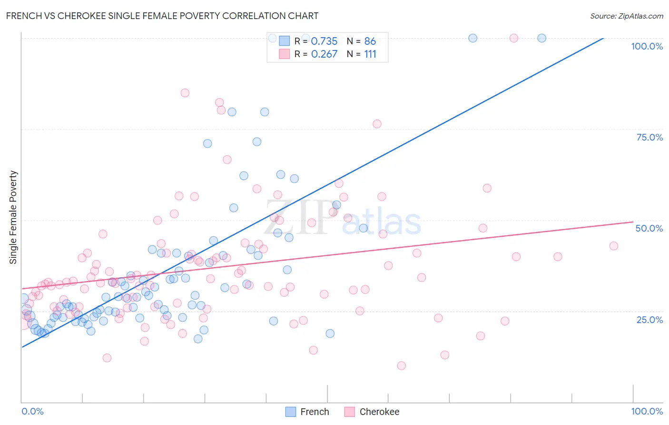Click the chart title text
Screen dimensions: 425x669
162,16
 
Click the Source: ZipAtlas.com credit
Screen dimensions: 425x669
626,16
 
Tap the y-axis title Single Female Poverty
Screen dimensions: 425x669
13,217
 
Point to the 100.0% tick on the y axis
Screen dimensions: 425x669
647,46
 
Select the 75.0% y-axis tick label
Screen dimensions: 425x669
649,137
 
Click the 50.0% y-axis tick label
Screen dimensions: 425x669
649,228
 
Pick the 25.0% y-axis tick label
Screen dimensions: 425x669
649,320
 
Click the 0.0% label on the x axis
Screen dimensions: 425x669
32,411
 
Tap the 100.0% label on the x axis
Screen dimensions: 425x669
647,411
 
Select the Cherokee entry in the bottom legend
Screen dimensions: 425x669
372,412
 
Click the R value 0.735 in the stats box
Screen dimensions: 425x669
324,41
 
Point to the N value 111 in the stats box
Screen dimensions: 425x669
370,54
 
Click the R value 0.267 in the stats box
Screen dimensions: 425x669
324,54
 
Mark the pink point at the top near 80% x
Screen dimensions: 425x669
513,38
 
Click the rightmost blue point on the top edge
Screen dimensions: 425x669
541,38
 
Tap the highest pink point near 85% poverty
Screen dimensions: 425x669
185,93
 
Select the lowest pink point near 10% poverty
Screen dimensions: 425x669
401,365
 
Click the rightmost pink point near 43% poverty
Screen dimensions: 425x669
613,246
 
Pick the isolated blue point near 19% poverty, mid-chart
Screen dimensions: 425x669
330,334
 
